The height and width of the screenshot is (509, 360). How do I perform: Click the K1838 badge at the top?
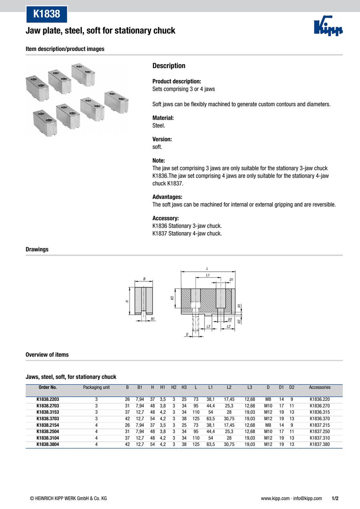point(46,14)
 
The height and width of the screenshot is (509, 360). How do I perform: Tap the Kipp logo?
point(328,26)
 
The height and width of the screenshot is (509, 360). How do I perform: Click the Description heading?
point(169,66)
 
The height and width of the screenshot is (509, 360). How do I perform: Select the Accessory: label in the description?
point(166,218)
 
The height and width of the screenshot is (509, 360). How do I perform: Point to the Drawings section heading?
point(37,249)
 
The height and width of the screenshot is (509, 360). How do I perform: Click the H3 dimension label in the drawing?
point(172,298)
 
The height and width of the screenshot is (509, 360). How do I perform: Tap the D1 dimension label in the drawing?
point(232,279)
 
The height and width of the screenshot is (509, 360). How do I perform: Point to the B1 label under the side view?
point(153,319)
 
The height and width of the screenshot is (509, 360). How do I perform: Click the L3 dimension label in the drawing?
point(208,327)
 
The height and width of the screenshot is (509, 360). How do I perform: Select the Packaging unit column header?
point(96,387)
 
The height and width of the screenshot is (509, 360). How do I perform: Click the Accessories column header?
point(320,387)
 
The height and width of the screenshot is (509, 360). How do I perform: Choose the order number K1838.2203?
point(48,399)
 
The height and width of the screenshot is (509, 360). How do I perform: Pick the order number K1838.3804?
point(48,444)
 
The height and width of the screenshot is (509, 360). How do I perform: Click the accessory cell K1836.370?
point(320,419)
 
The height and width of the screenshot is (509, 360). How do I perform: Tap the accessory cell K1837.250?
point(320,431)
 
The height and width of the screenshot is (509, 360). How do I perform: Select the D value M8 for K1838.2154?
point(268,425)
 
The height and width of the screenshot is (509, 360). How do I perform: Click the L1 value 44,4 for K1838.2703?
point(211,406)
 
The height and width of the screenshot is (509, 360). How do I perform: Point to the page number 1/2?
point(335,498)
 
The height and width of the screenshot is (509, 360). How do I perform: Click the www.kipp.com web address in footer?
point(275,498)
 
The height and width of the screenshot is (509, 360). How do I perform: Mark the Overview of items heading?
point(47,355)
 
